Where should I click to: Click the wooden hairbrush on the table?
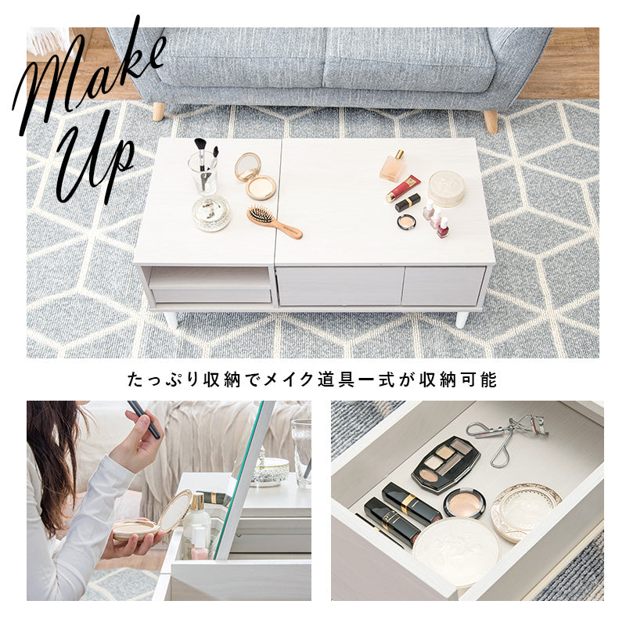click(x=273, y=221)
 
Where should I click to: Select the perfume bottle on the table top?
click(x=394, y=166)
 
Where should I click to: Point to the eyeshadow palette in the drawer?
click(x=445, y=462)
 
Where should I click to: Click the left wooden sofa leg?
click(x=159, y=111)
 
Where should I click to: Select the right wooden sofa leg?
click(x=491, y=121)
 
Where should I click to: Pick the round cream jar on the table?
click(x=446, y=189)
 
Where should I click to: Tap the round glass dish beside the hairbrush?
click(x=211, y=213)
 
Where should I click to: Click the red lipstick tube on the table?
click(x=402, y=189)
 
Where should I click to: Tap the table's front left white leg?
click(x=171, y=319)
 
